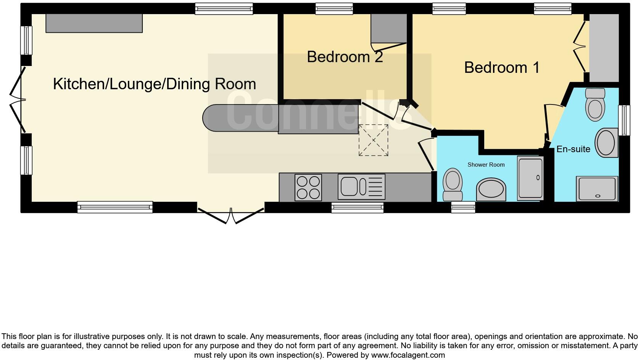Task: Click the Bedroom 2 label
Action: [x=345, y=57]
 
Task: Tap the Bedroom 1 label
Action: [x=502, y=67]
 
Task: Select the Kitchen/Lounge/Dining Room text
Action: [x=154, y=84]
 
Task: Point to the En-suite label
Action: [x=573, y=149]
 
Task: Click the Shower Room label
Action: [x=486, y=165]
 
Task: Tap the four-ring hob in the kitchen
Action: [x=308, y=187]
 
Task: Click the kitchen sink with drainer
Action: [x=361, y=187]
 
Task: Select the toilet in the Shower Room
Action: [x=453, y=184]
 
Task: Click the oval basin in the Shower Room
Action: [x=491, y=190]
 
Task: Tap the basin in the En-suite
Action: [x=606, y=143]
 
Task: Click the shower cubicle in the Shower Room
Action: [x=530, y=178]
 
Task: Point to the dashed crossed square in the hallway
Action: [x=373, y=140]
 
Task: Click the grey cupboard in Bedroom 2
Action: [x=388, y=29]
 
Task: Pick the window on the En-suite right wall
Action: [x=624, y=120]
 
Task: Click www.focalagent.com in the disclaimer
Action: [x=408, y=355]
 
